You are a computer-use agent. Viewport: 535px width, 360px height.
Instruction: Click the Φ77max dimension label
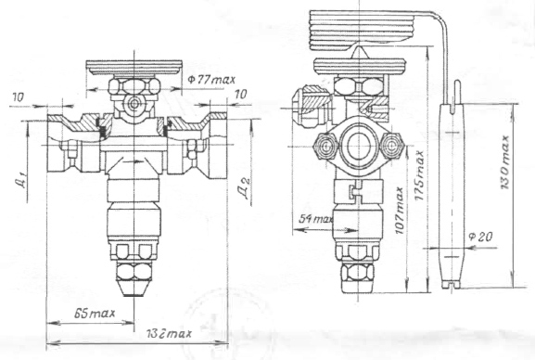point(211,80)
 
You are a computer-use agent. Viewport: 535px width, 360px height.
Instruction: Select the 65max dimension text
point(95,313)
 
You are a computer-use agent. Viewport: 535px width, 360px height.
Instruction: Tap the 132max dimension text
point(170,333)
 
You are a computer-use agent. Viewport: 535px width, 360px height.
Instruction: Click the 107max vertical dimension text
point(400,211)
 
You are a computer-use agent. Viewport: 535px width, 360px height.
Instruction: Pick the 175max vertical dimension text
point(419,175)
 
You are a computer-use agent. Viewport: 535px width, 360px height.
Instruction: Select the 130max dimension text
point(504,161)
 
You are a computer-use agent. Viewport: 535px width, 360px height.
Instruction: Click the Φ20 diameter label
point(480,237)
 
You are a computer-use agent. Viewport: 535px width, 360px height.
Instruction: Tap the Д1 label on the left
point(22,180)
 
